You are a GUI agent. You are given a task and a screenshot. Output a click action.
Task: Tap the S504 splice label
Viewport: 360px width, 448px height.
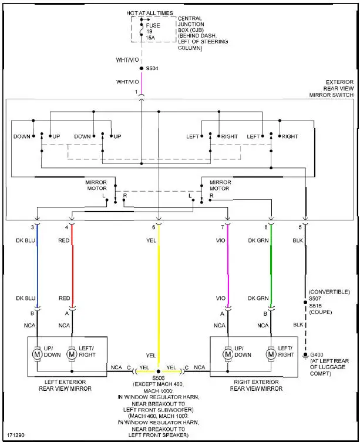tap(152, 68)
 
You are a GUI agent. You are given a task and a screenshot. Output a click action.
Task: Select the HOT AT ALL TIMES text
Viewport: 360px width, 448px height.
tap(150, 12)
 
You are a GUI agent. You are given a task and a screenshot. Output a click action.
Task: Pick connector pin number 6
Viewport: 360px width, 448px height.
tap(154, 226)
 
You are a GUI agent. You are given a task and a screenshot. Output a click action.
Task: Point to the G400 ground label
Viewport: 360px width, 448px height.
tap(317, 355)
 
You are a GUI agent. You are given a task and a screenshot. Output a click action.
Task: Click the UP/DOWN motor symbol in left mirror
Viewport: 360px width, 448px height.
tap(37, 354)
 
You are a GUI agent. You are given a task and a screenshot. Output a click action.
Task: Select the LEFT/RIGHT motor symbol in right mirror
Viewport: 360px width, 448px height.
tap(271, 354)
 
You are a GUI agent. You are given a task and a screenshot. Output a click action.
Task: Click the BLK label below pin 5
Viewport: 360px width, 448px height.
tap(299, 240)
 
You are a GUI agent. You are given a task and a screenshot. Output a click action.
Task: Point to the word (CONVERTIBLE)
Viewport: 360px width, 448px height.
tap(329, 291)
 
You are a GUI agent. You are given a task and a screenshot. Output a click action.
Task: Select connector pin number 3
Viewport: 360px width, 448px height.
tap(33, 226)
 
